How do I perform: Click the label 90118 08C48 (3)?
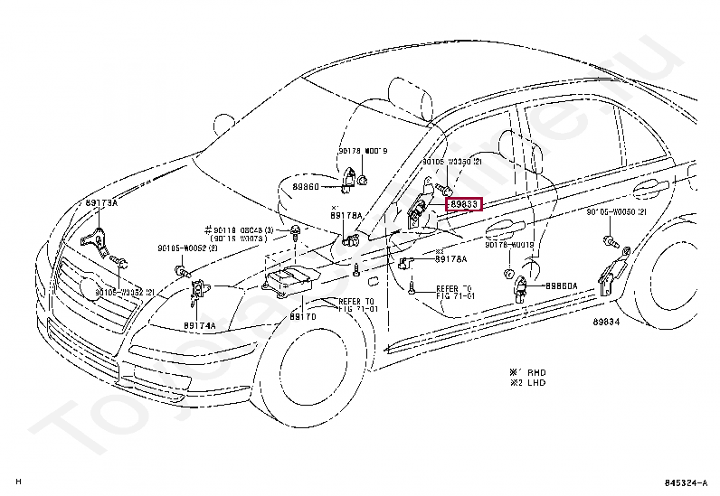coord(237,230)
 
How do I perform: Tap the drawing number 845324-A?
coord(686,482)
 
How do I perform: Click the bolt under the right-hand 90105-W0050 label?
coord(610,241)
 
